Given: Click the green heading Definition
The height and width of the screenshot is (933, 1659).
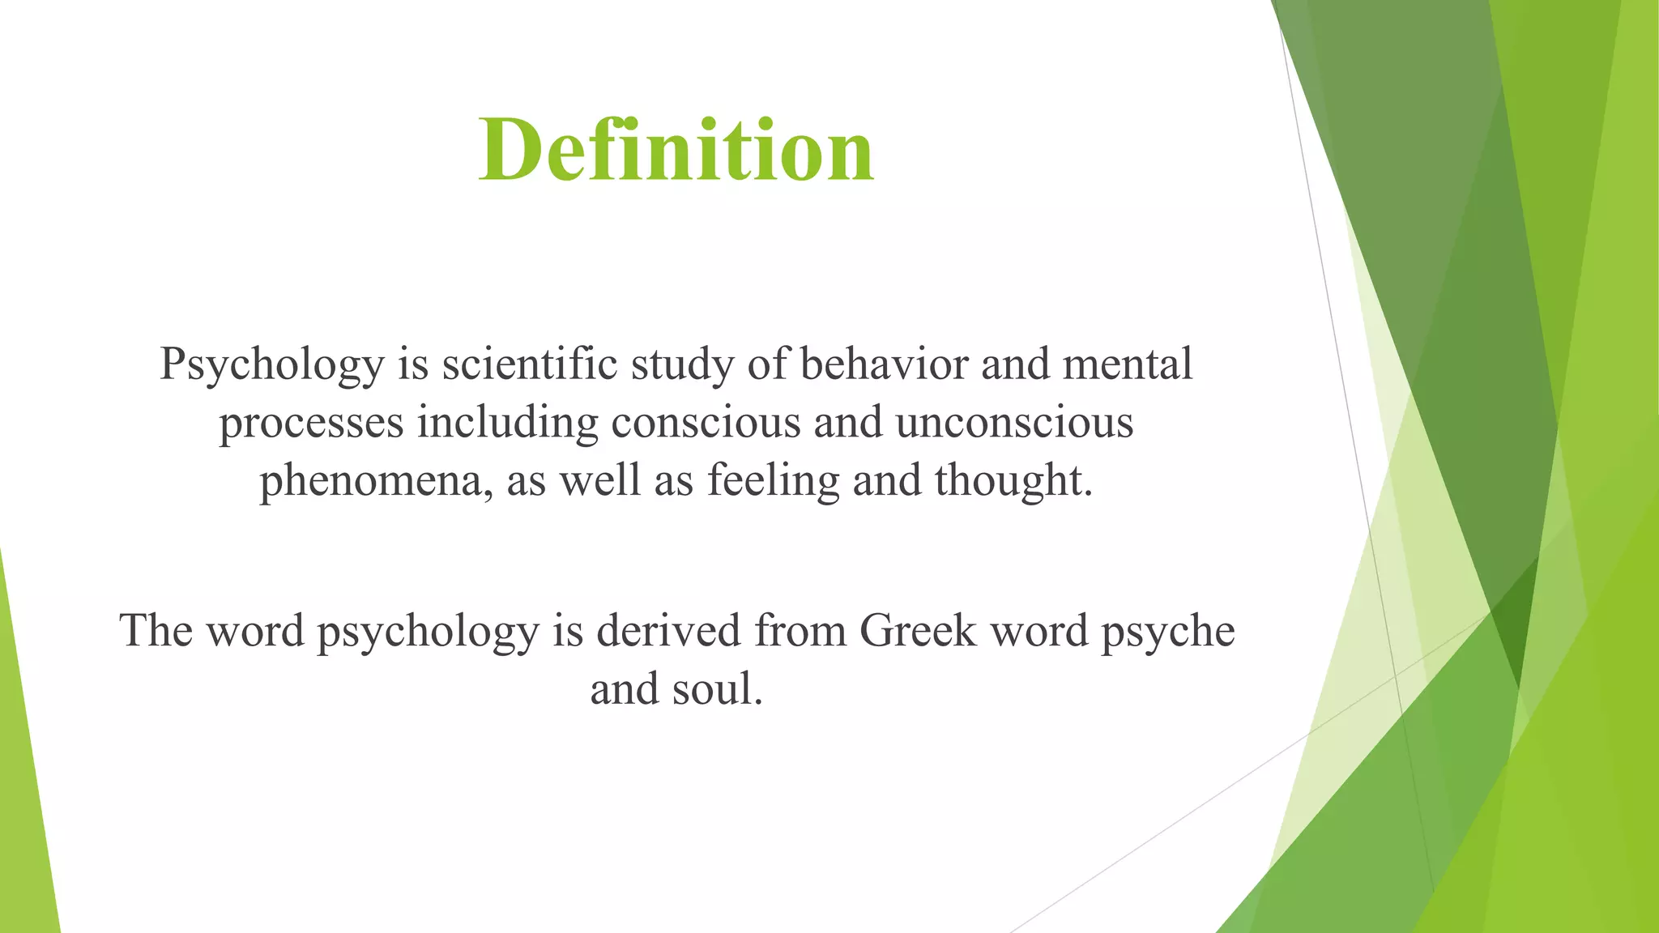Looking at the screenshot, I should [x=676, y=151].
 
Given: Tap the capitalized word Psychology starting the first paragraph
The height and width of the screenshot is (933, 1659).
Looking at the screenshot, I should [x=271, y=364].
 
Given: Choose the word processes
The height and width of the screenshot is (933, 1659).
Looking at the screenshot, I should [x=311, y=424].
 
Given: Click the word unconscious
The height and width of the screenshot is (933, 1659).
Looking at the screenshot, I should [x=1014, y=422].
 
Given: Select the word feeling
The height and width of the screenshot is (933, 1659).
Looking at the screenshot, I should [x=773, y=481].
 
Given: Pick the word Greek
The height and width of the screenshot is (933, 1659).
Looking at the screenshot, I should [x=918, y=630].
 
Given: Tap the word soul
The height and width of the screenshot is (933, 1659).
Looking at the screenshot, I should [x=717, y=689].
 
